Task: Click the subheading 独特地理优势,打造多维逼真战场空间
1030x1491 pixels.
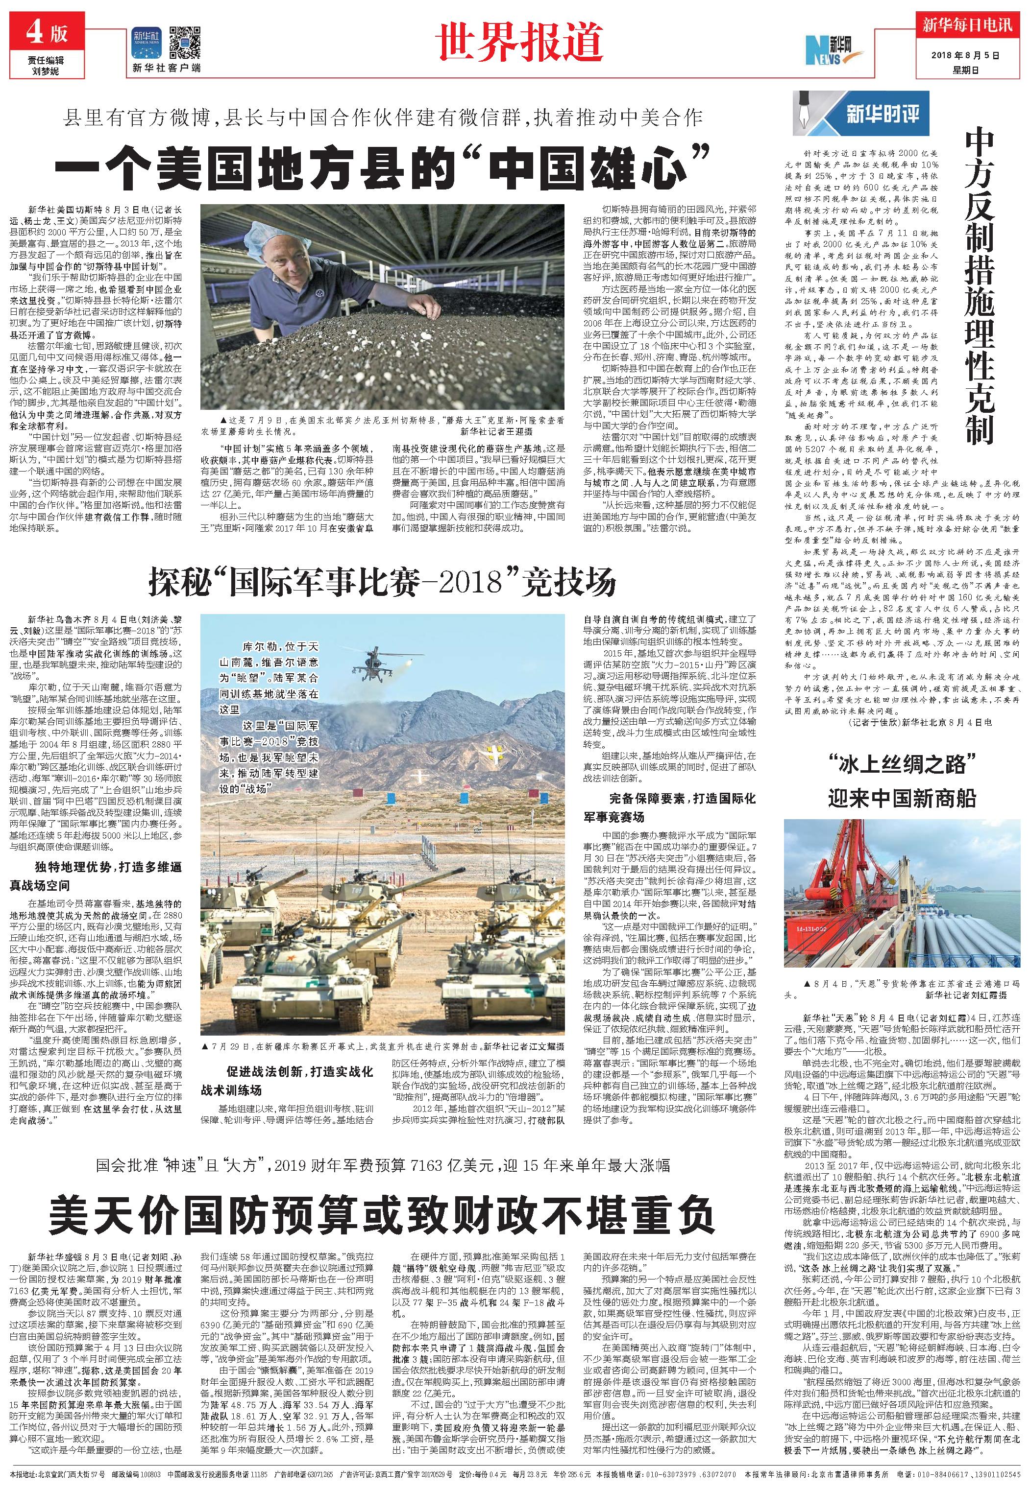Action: click(96, 876)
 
